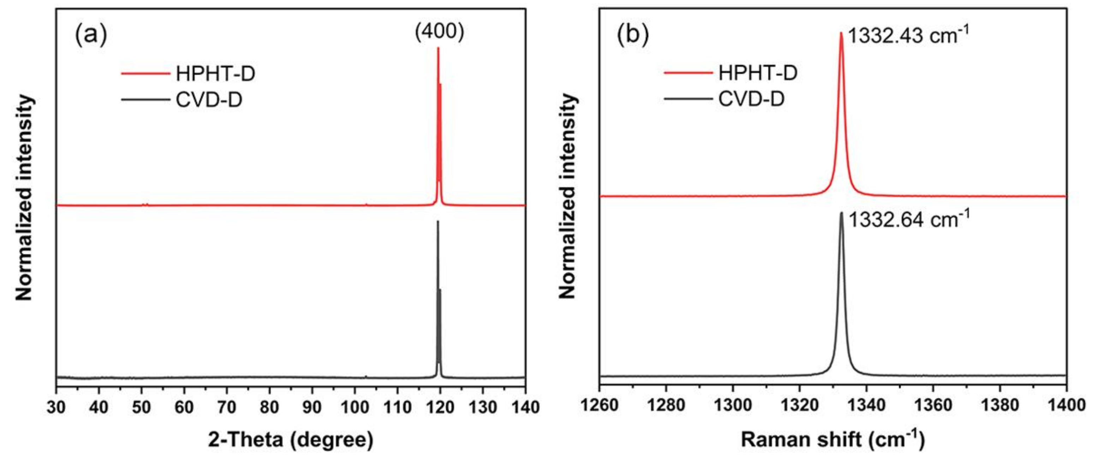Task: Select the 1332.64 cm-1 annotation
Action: click(909, 220)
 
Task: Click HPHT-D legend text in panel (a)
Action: click(215, 74)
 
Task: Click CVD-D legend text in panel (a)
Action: click(209, 100)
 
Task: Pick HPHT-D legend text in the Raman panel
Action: click(758, 73)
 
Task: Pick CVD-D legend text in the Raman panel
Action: click(751, 100)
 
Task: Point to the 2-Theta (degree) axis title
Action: click(291, 440)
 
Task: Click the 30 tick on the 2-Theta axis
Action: click(56, 407)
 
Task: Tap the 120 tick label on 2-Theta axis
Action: click(440, 407)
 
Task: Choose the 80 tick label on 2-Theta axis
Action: click(269, 407)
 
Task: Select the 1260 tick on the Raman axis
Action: click(600, 405)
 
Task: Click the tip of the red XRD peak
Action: click(438, 48)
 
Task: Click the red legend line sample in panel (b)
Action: click(688, 73)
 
